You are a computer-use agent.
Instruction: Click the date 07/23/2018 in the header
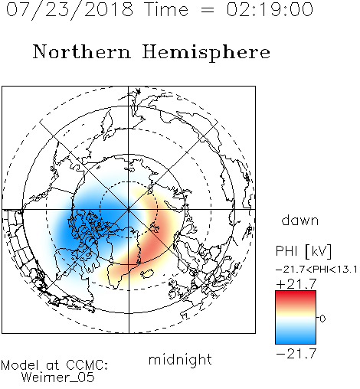(x=70, y=10)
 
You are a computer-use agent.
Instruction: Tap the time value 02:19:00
(x=270, y=9)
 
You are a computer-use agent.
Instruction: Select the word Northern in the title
(x=82, y=52)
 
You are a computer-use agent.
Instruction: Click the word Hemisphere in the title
(x=206, y=53)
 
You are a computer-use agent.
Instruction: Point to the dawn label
(x=300, y=221)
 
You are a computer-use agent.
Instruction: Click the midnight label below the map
(x=180, y=360)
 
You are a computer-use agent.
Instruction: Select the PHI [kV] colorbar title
(x=303, y=251)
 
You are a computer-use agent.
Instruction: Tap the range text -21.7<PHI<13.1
(x=316, y=270)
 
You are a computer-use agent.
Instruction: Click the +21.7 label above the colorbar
(x=296, y=284)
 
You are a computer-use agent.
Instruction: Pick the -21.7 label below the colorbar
(x=296, y=354)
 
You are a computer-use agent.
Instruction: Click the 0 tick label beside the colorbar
(x=322, y=319)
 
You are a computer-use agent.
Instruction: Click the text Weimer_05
(x=58, y=378)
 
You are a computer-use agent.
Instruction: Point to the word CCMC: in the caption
(x=87, y=365)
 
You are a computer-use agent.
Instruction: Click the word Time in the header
(x=166, y=9)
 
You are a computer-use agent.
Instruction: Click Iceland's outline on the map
(x=147, y=273)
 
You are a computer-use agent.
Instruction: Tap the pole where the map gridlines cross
(x=129, y=210)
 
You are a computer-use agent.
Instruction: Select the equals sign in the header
(x=207, y=10)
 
